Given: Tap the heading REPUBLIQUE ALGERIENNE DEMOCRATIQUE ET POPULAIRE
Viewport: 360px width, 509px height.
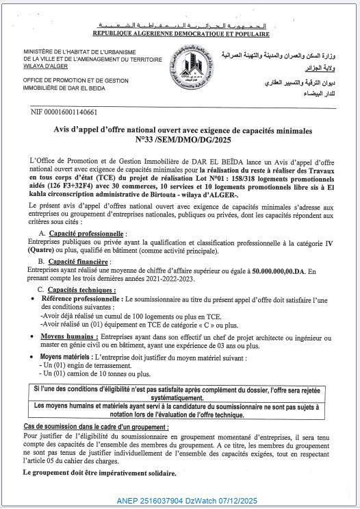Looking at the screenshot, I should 180,33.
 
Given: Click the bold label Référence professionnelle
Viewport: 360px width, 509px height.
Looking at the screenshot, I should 80,300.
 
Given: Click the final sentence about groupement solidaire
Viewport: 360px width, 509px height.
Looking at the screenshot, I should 99,473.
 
